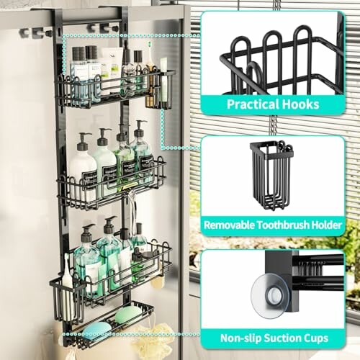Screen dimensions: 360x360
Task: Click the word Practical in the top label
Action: click(x=248, y=104)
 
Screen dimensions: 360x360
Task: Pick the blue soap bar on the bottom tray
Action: click(x=97, y=328)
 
